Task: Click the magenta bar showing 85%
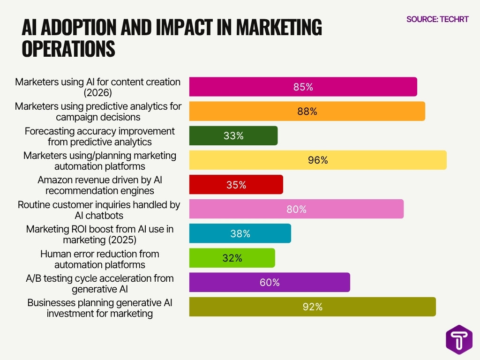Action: [x=303, y=87]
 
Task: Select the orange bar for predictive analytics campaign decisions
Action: [x=307, y=112]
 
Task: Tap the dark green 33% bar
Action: [x=233, y=136]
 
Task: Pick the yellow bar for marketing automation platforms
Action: [x=318, y=160]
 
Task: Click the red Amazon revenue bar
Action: [x=236, y=185]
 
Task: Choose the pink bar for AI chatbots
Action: [x=296, y=209]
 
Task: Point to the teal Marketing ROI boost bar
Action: [x=240, y=233]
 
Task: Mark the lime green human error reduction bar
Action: [x=232, y=258]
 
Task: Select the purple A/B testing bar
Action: [x=270, y=282]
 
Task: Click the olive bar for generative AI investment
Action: [x=312, y=307]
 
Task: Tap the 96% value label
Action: [x=318, y=160]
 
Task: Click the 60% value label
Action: [x=270, y=282]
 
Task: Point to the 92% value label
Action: [x=312, y=307]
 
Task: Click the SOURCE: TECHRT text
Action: [x=437, y=19]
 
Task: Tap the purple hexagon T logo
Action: [x=459, y=339]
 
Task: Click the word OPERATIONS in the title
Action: [x=68, y=49]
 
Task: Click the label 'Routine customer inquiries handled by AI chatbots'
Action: [x=99, y=210]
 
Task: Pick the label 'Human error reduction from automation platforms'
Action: [x=100, y=259]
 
